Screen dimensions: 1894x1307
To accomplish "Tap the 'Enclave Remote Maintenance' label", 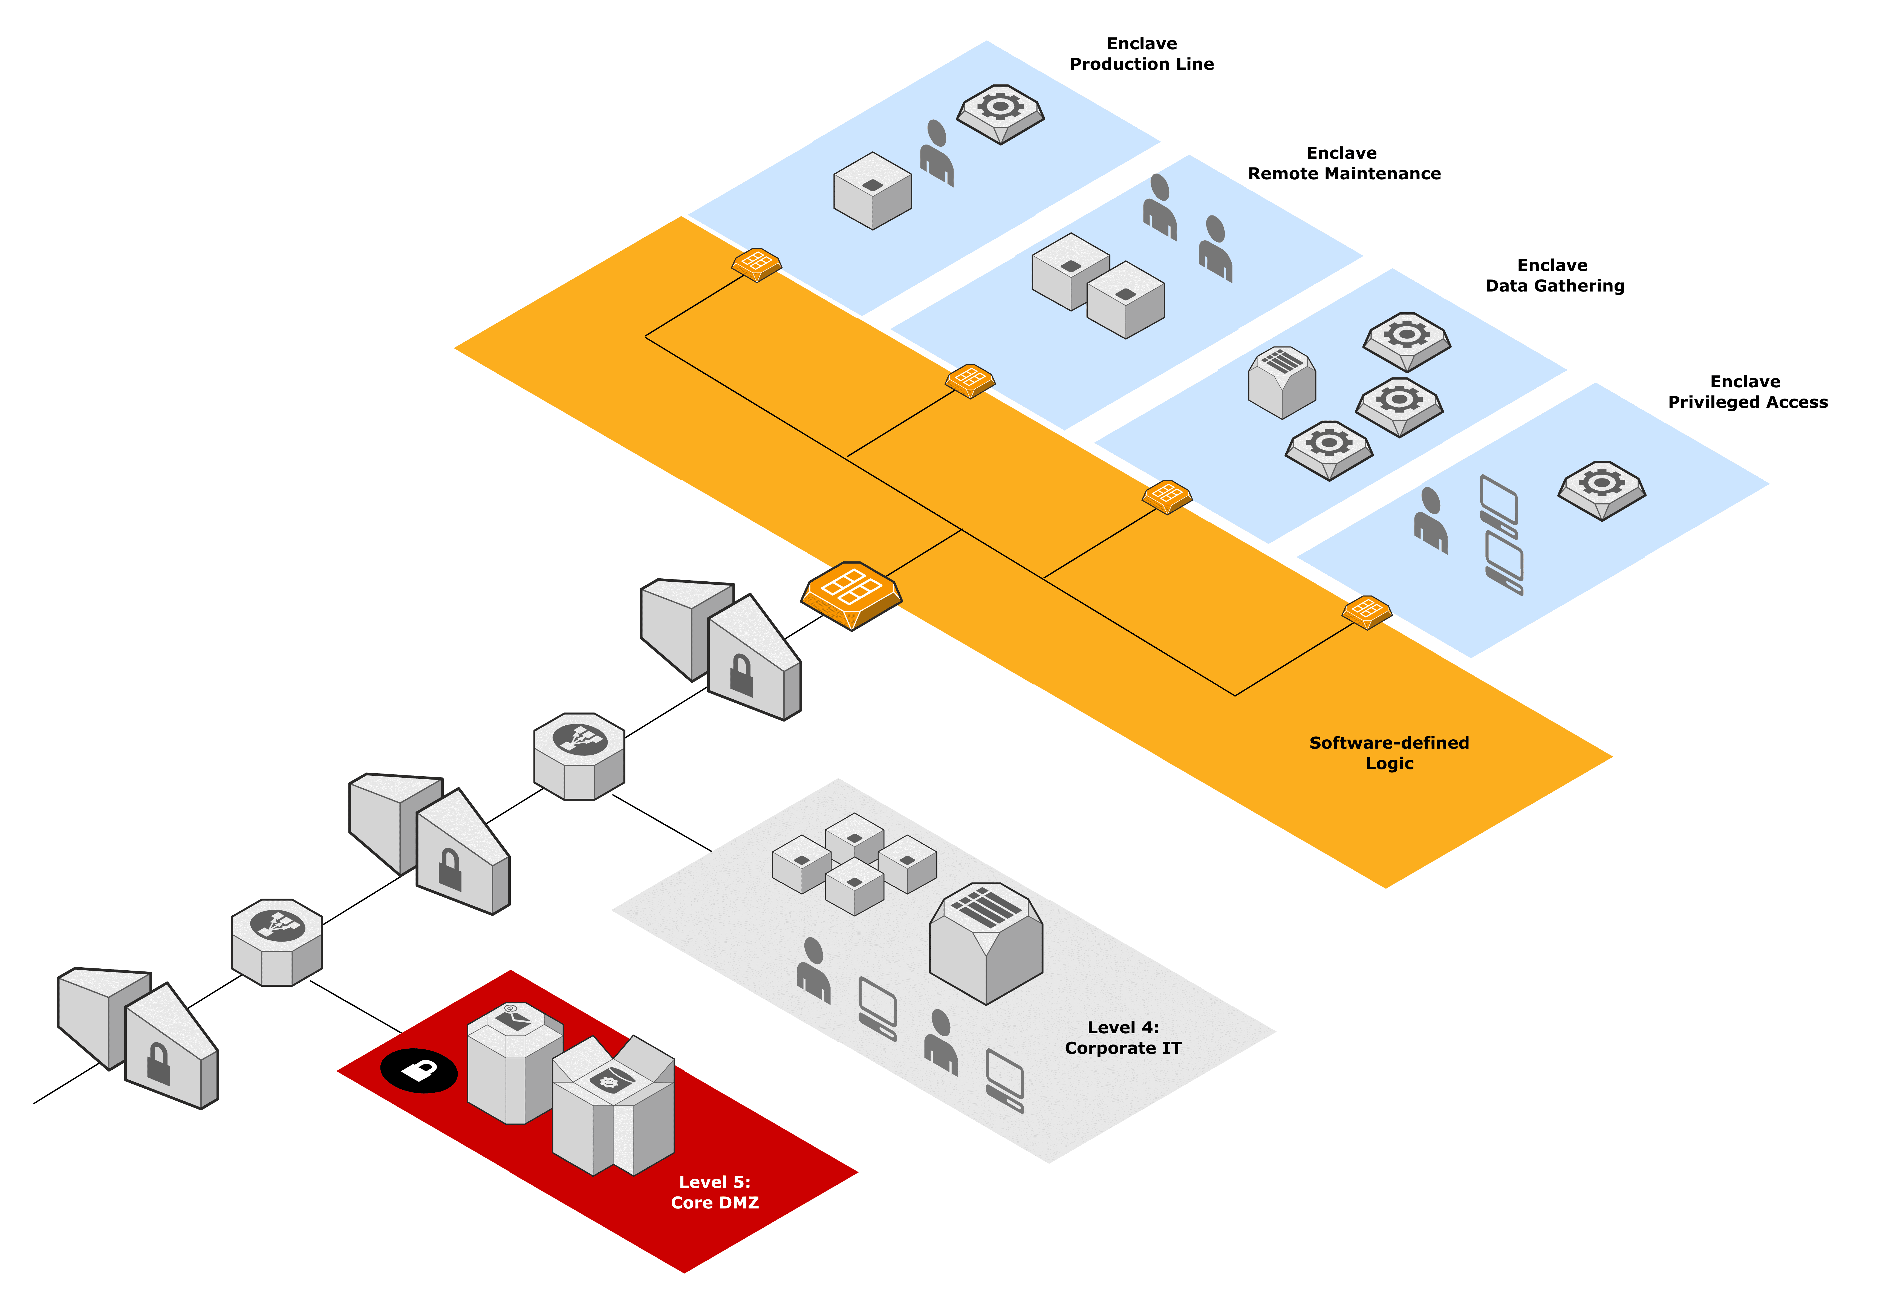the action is point(1344,163).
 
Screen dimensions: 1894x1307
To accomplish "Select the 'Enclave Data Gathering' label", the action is point(1554,275).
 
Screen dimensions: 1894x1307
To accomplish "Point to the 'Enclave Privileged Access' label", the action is point(1747,391).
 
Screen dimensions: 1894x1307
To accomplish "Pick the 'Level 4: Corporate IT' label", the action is point(1123,1038).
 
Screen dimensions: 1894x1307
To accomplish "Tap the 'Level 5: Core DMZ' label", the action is point(715,1192).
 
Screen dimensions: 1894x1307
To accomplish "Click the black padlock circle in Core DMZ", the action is point(418,1070).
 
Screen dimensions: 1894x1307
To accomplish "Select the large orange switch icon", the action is point(851,595).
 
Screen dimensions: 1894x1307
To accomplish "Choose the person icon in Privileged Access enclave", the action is point(1431,521).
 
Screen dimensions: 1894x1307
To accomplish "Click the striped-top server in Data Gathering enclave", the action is point(1281,382).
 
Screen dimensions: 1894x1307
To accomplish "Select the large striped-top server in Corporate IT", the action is point(986,944).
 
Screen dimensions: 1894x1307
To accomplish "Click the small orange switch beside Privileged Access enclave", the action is point(1367,612).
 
